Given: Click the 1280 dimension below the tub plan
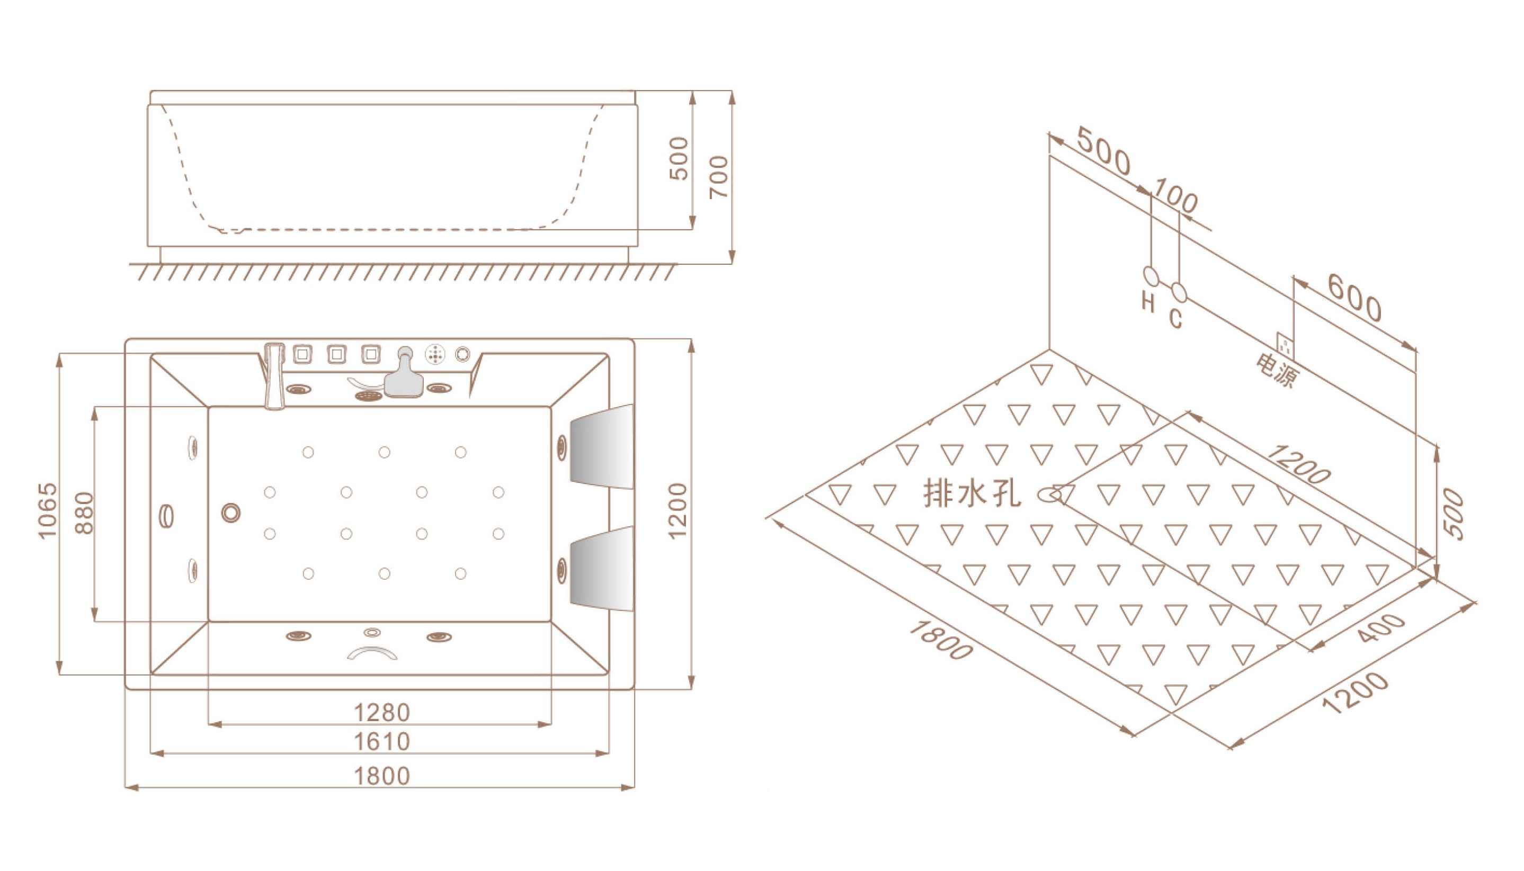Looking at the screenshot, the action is click(x=382, y=713).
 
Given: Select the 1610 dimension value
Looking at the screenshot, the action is click(x=382, y=742).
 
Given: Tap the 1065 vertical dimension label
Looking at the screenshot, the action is click(x=47, y=511).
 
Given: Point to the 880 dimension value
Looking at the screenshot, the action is click(x=84, y=513).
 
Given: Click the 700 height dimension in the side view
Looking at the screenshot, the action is click(x=719, y=177).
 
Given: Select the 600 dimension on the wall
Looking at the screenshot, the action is click(x=1354, y=298).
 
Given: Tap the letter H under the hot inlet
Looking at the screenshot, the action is click(x=1148, y=302).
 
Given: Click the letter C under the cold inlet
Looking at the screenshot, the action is click(x=1176, y=319).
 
